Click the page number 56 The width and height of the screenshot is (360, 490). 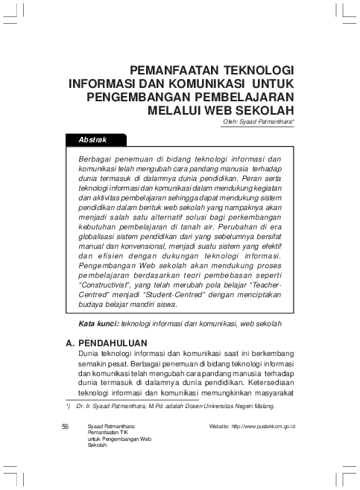(66, 425)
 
